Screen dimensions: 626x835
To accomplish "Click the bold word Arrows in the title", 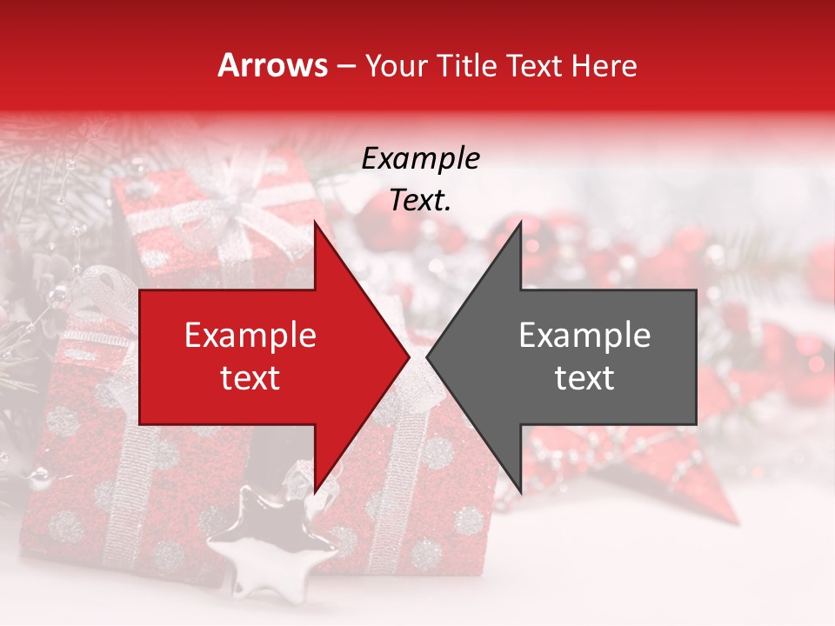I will coord(272,65).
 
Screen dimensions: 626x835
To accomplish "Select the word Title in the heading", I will coord(468,65).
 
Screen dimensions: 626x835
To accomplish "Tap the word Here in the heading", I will coord(605,65).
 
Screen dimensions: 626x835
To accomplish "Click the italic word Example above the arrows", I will coord(420,160).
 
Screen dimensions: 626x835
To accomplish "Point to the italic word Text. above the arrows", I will coord(420,201).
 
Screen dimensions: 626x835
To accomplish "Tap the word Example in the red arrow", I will coord(250,336).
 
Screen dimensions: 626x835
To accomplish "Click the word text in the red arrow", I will coord(250,378).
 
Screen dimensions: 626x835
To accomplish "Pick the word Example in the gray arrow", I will coord(584,336).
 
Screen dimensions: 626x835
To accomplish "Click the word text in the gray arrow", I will coord(584,378).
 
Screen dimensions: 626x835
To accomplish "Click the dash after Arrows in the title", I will coord(345,66).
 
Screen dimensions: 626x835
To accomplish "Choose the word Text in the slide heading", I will coord(534,65).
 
